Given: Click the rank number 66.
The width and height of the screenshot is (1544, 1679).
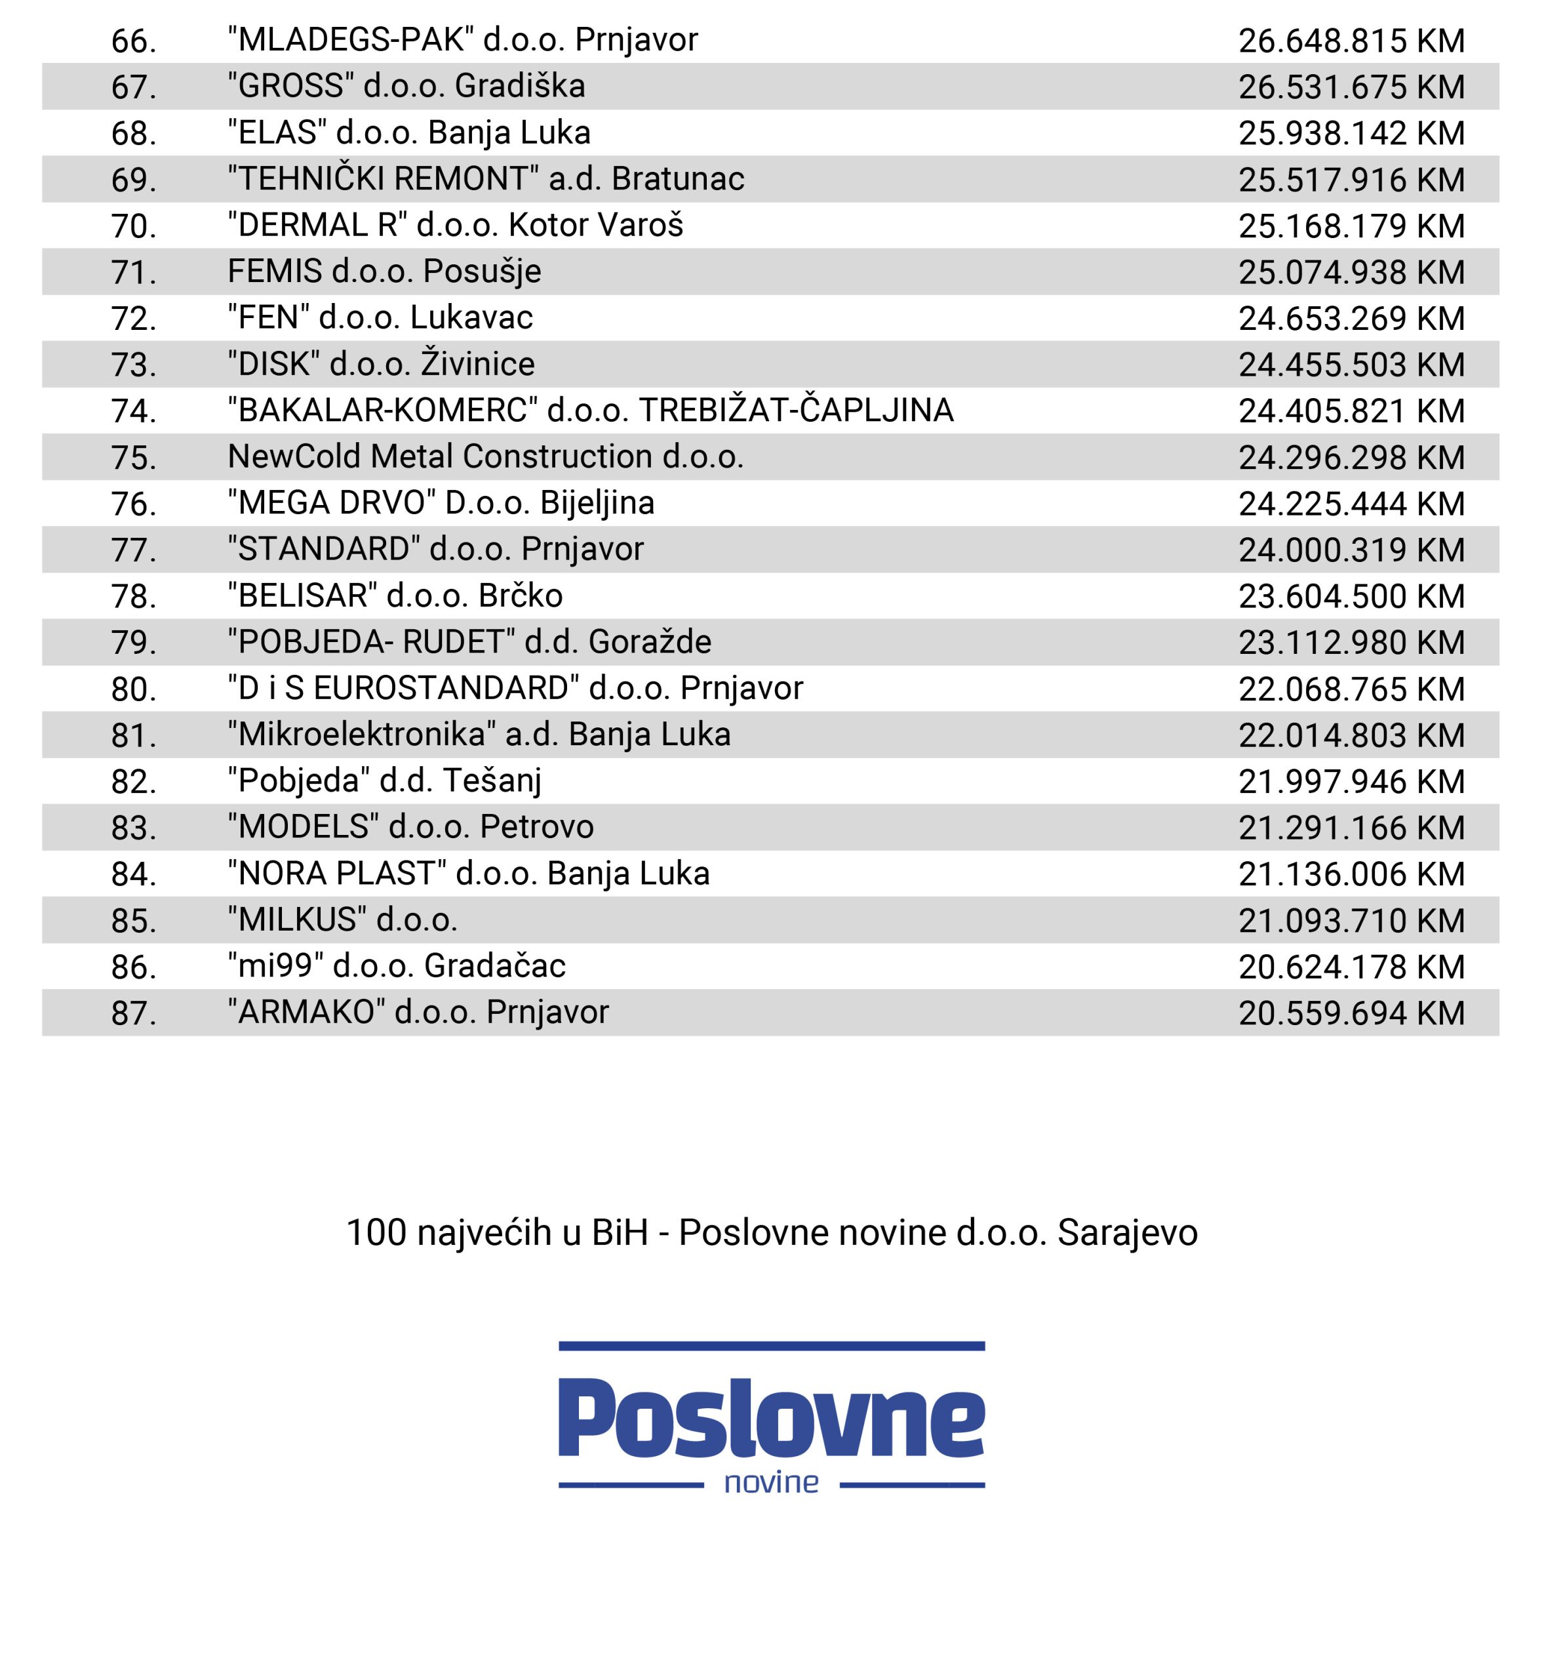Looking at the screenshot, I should click(134, 41).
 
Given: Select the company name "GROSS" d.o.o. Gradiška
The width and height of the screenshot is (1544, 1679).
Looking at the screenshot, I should click(406, 86).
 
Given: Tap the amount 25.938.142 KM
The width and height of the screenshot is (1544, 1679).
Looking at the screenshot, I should click(1351, 133).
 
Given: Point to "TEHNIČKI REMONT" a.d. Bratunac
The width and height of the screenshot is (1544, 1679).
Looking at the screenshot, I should click(485, 179).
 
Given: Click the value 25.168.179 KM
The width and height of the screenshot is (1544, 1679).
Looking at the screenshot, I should click(1351, 226).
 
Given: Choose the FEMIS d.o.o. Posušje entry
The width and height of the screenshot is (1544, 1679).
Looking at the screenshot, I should click(384, 272).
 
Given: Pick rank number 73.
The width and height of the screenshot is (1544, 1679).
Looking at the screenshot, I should click(134, 365).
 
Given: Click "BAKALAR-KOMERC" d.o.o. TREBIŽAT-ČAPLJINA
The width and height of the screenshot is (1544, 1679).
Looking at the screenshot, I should click(590, 411).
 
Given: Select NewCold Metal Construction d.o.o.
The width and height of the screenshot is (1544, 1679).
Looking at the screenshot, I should click(485, 456).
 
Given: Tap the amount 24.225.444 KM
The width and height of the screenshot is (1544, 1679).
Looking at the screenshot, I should click(1351, 504).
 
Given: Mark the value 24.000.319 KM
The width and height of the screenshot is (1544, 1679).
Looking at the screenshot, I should click(1351, 550).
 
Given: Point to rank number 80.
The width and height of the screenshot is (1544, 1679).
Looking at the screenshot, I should click(134, 689).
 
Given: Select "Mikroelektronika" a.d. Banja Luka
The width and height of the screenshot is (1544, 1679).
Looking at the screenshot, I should click(479, 735).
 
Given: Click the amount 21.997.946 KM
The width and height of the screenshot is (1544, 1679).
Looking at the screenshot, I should click(1351, 781).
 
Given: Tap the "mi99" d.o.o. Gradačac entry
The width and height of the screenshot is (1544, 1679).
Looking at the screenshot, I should click(397, 966).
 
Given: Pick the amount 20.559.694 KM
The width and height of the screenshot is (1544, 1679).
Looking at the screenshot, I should click(1351, 1013).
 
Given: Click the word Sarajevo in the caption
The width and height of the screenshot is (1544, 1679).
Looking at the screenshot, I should click(1127, 1233).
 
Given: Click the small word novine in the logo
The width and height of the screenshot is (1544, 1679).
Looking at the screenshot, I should click(771, 1483).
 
